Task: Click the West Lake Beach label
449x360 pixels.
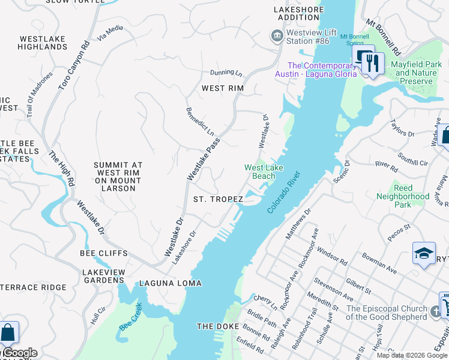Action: pyautogui.click(x=264, y=172)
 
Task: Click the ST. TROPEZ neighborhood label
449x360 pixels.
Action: pyautogui.click(x=218, y=199)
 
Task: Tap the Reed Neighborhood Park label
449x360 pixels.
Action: pyautogui.click(x=403, y=196)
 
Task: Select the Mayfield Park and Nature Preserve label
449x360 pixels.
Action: pyautogui.click(x=416, y=73)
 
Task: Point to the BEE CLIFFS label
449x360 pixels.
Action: pyautogui.click(x=104, y=253)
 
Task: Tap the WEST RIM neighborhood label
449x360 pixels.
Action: pyautogui.click(x=223, y=88)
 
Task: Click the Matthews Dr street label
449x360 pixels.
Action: pyautogui.click(x=298, y=224)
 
